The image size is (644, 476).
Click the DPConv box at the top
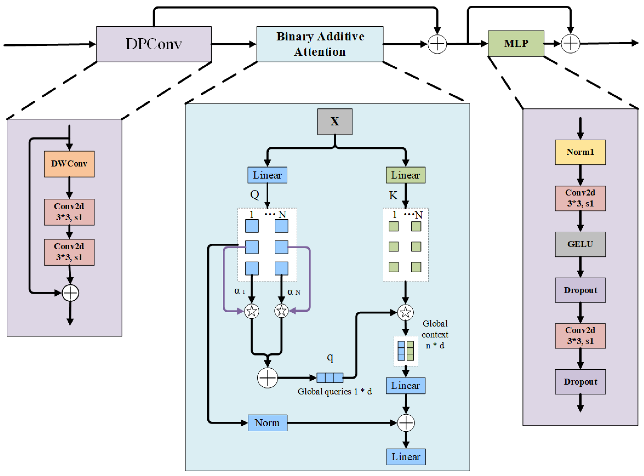tap(154, 44)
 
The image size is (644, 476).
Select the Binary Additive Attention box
tap(320, 44)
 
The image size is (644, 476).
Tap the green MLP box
tap(516, 43)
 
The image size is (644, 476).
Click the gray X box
tap(335, 122)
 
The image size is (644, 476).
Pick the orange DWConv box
tap(69, 164)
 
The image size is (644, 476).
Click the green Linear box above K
tap(405, 175)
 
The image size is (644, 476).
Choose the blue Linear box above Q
tap(267, 175)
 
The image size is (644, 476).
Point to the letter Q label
tap(255, 195)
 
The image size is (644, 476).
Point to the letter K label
tap(393, 196)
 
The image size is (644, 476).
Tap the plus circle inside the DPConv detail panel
tap(70, 293)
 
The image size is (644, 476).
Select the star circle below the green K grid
tap(405, 312)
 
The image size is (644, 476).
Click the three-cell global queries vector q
tap(330, 378)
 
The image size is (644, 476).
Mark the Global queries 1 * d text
tap(334, 391)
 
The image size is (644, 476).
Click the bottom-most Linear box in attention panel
tap(406, 457)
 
